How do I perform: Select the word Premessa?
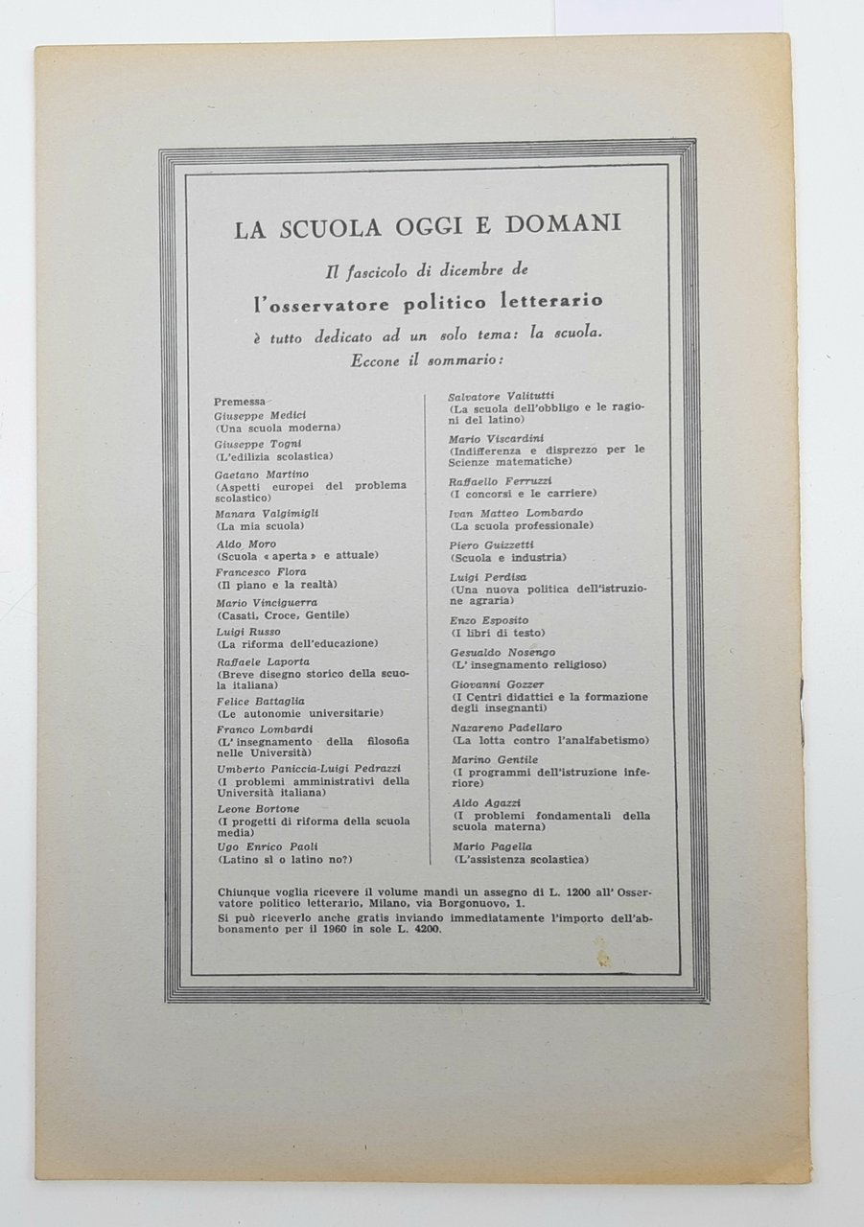241,401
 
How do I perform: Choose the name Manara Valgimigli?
268,514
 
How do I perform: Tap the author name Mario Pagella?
492,846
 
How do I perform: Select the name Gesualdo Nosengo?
502,653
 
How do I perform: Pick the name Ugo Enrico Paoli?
267,846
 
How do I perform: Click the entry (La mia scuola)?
261,526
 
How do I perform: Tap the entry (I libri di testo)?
499,633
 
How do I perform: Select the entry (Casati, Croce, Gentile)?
283,614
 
